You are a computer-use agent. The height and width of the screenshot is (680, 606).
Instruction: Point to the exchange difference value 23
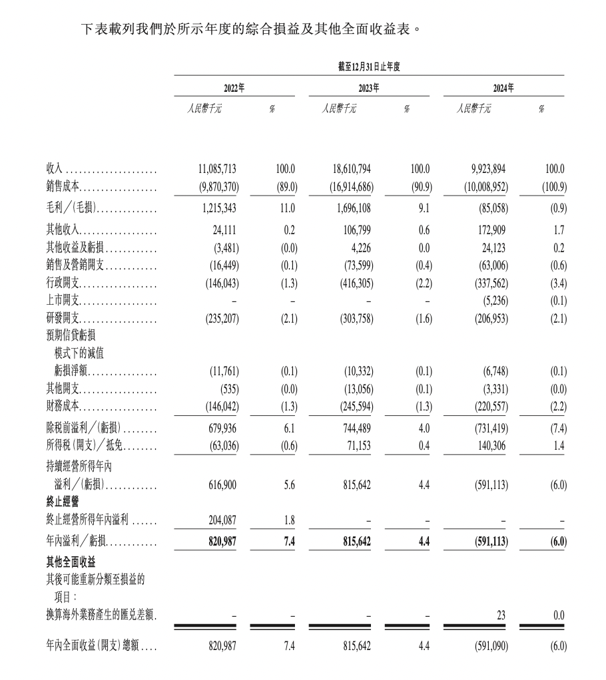[500, 616]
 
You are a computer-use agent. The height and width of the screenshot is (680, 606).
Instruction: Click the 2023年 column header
[368, 88]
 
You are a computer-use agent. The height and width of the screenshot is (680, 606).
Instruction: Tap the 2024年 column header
[503, 88]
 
